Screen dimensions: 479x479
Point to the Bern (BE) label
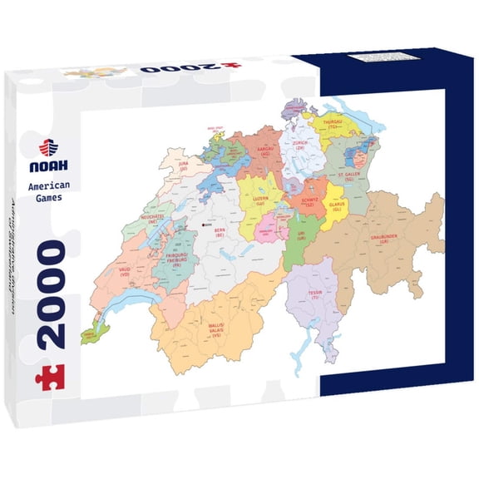point(220,233)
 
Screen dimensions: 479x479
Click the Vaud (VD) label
point(123,272)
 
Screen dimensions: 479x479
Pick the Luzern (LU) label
point(260,200)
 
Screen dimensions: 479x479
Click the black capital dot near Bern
point(204,224)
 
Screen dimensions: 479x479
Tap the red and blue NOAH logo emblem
point(49,147)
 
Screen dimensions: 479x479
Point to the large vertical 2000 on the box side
point(51,294)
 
